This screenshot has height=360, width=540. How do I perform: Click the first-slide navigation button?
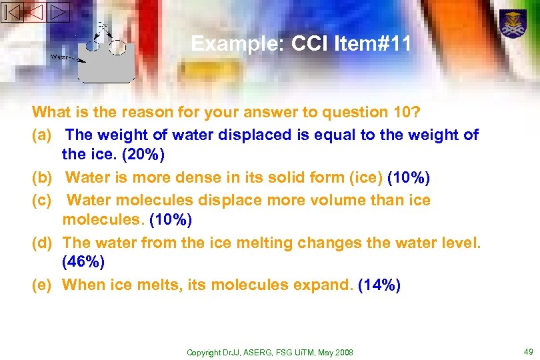point(13,11)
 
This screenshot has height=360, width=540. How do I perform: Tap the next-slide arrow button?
point(58,11)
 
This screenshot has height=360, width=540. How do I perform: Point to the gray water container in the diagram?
point(107,63)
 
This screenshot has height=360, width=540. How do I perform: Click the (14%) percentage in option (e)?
point(379,285)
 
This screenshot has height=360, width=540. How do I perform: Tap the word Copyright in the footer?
point(203,352)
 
